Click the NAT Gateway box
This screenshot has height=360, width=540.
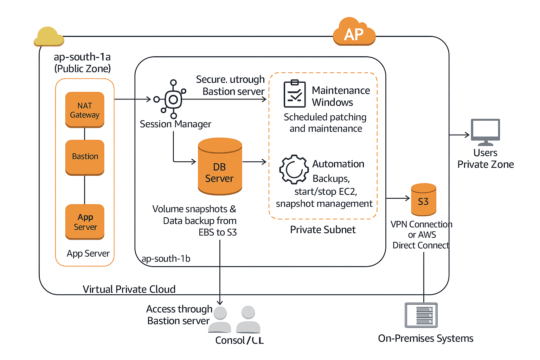pos(85,110)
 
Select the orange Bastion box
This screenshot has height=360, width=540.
pos(85,157)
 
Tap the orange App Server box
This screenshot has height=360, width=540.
pos(85,222)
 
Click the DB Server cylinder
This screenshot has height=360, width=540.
pos(220,167)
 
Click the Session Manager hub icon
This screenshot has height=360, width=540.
pos(173,99)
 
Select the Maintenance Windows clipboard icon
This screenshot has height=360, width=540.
pos(295,94)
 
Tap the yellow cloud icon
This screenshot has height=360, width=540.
pos(49,37)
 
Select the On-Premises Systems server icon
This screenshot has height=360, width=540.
pos(421,315)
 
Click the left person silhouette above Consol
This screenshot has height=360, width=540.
pos(220,320)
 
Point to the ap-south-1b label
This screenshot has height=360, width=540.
pos(166,259)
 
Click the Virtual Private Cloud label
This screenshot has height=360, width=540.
pos(129,289)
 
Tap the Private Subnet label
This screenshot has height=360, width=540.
pos(322,230)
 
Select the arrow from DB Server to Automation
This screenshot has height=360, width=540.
pos(255,162)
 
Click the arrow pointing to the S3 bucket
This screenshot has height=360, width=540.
pos(398,198)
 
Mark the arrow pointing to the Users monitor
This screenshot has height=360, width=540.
pos(459,135)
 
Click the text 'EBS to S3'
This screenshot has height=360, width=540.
pos(218,232)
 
